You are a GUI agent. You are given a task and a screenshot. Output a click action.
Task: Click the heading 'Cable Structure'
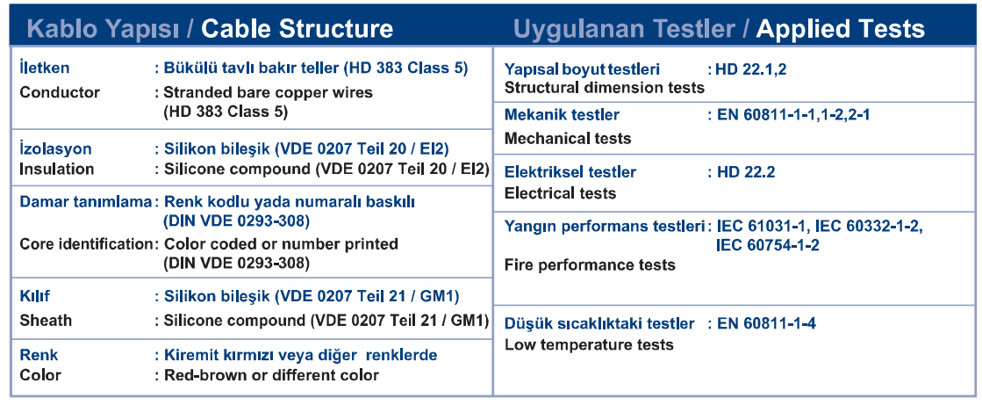click(x=297, y=29)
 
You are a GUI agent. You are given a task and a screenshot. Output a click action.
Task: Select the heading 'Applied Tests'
click(x=841, y=29)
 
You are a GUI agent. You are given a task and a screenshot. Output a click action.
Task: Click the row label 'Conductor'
click(x=60, y=93)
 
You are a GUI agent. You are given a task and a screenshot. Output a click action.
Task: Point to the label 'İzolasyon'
click(x=55, y=149)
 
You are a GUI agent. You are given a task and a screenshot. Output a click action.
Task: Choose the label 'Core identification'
click(x=85, y=244)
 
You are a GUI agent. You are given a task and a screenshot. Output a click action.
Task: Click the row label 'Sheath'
click(x=46, y=321)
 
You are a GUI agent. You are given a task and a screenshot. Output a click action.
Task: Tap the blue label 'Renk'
click(x=39, y=355)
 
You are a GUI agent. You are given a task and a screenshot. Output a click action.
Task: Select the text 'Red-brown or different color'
click(x=271, y=375)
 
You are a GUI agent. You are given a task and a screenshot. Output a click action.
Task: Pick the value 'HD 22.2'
click(x=745, y=172)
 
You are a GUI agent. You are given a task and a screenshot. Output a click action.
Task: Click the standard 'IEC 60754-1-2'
click(x=768, y=244)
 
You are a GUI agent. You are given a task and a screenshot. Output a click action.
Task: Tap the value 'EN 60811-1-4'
click(x=766, y=323)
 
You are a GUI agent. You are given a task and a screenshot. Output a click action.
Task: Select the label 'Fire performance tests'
click(x=590, y=265)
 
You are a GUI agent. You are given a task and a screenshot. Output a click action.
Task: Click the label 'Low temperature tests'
click(x=589, y=344)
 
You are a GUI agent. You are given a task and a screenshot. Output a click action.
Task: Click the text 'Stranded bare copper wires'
click(x=268, y=93)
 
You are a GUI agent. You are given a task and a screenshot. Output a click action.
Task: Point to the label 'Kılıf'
click(x=35, y=295)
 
